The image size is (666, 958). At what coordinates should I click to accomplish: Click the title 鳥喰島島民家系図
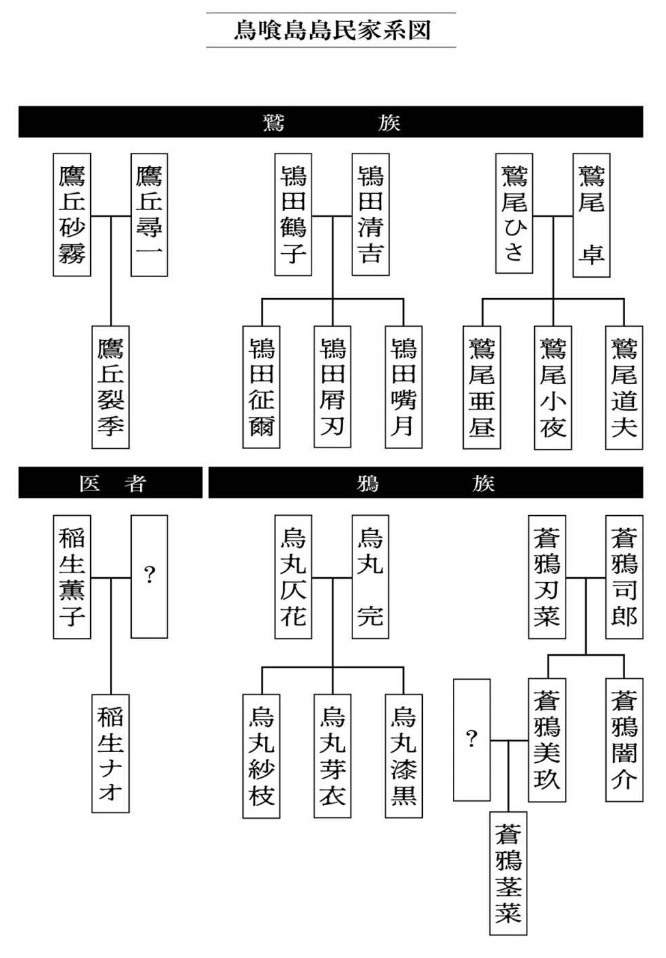[x=331, y=31]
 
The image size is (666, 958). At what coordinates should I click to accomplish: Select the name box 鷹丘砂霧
[x=72, y=215]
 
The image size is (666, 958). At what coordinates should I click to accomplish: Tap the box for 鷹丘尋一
[x=149, y=215]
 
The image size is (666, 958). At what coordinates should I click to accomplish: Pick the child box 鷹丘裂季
[x=111, y=387]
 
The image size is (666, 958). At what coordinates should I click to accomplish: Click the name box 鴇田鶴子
[x=293, y=215]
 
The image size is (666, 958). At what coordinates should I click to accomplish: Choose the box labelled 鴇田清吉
[x=370, y=215]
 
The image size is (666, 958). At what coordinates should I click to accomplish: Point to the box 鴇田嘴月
[x=403, y=387]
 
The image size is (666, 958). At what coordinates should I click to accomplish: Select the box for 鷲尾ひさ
[x=514, y=214]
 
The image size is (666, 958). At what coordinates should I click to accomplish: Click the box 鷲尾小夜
[x=553, y=388]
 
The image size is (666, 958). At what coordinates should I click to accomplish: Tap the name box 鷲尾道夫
[x=624, y=388]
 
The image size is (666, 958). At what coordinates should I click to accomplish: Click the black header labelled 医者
[x=111, y=483]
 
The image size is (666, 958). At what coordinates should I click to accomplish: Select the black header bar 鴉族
[x=426, y=483]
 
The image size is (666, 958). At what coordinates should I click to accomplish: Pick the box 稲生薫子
[x=72, y=577]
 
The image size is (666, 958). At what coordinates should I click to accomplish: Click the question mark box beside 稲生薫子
[x=149, y=577]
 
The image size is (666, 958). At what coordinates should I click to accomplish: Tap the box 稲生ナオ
[x=111, y=753]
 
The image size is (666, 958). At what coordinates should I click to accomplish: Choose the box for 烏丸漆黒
[x=403, y=756]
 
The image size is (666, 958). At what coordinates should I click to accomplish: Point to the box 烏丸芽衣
[x=333, y=756]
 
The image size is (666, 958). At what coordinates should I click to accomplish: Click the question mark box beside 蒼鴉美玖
[x=471, y=740]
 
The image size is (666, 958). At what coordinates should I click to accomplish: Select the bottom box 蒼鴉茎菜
[x=508, y=873]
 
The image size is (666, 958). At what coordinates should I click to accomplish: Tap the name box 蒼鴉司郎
[x=624, y=577]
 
